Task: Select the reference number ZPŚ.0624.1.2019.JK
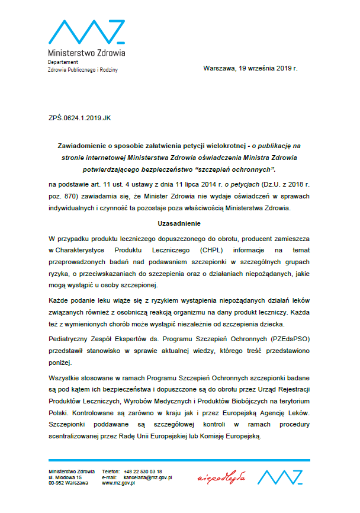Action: click(x=79, y=118)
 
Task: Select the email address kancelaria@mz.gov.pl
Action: click(x=145, y=477)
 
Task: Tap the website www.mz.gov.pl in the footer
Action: click(x=119, y=483)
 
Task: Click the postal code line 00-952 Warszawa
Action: click(x=68, y=483)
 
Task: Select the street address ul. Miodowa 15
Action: click(x=65, y=477)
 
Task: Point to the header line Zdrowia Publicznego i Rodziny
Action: click(x=83, y=70)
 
